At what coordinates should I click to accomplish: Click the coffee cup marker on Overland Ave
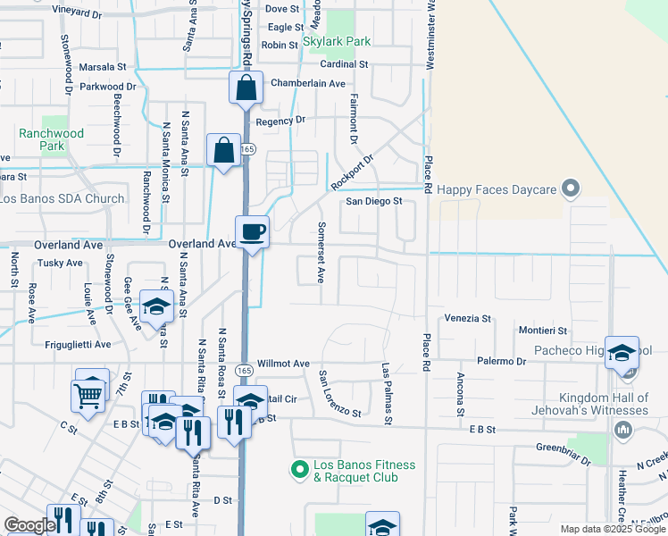pos(253,232)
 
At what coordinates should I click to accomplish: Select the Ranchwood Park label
pos(52,139)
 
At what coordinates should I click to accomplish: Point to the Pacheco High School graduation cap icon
pos(622,353)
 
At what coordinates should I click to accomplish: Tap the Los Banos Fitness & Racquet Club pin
pos(301,466)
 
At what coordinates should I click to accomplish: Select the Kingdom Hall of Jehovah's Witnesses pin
pos(623,431)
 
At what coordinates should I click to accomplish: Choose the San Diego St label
pos(375,201)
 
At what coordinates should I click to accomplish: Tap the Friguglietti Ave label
pos(78,344)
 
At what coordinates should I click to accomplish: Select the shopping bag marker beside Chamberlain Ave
pos(246,88)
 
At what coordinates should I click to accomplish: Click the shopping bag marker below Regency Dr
pos(223,150)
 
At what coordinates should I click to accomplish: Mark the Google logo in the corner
pos(29,525)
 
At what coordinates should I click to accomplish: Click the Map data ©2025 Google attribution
pos(613,529)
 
